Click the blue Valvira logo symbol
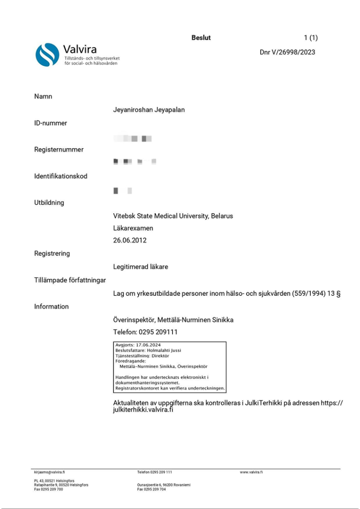[47, 55]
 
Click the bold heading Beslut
[201, 38]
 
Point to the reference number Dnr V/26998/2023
[287, 52]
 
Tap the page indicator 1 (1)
[310, 38]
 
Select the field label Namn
[43, 96]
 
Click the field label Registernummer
[59, 150]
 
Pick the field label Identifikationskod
[60, 176]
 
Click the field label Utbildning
[49, 203]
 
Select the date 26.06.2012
[130, 240]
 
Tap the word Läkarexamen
[133, 228]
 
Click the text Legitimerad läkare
[141, 267]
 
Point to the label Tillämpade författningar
[70, 280]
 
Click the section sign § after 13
[338, 294]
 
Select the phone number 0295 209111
[159, 332]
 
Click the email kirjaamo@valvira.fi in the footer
[50, 472]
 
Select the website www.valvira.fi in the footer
[251, 472]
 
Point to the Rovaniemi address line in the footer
[164, 485]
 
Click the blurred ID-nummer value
[132, 138]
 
